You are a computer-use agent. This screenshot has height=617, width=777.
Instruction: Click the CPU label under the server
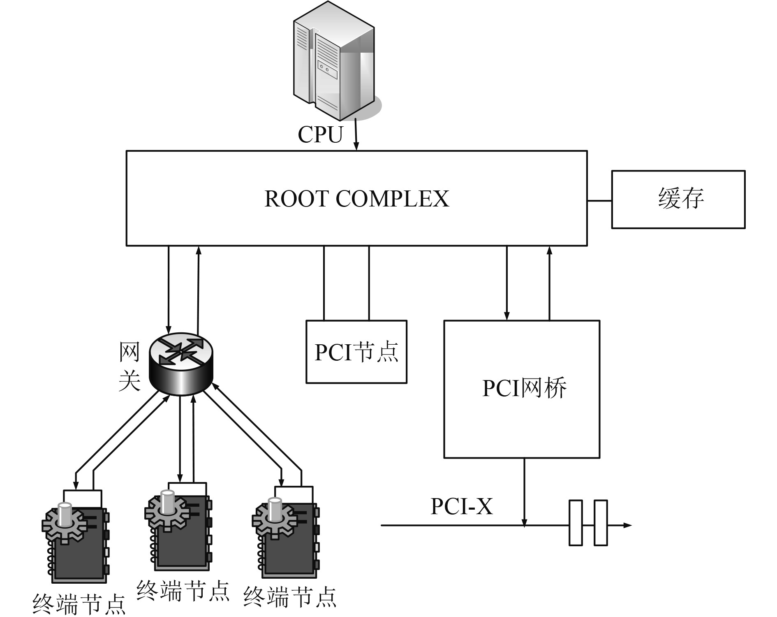tap(320, 135)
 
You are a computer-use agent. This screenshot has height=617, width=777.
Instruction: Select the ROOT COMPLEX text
tap(356, 199)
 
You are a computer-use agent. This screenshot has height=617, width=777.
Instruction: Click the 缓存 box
tap(678, 199)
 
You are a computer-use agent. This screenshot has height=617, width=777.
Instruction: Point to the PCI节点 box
tap(356, 352)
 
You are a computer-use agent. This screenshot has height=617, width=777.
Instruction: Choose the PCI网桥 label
tap(524, 387)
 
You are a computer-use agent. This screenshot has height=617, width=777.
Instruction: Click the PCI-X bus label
tap(461, 506)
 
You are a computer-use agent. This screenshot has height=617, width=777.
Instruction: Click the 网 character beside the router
tap(129, 352)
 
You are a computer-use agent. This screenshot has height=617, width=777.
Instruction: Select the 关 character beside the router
tap(129, 381)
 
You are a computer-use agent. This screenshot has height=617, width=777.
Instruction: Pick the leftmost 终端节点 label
tap(79, 604)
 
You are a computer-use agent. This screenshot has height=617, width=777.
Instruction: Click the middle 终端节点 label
tap(183, 591)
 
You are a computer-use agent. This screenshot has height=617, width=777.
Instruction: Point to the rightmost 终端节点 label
tap(290, 597)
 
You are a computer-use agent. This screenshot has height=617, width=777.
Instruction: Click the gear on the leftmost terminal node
tap(64, 523)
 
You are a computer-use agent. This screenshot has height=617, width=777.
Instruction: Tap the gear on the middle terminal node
tap(166, 511)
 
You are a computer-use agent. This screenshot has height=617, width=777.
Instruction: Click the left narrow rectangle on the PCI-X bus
tap(576, 523)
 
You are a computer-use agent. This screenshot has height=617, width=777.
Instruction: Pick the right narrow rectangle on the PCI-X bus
tap(601, 523)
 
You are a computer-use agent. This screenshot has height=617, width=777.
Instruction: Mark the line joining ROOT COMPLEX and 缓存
tap(599, 201)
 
